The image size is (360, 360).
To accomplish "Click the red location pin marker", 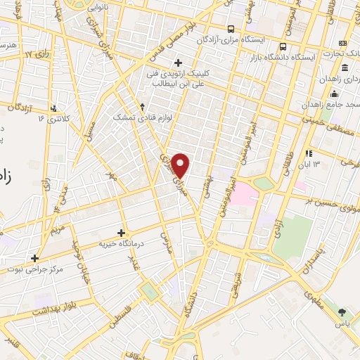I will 181,165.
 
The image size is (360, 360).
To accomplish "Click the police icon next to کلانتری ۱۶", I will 53,109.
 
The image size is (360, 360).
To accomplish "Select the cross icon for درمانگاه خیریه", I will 121,233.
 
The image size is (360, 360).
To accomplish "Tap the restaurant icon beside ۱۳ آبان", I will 308,154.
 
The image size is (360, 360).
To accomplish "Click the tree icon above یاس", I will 342,311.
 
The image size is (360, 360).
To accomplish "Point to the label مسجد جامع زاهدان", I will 330,104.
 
